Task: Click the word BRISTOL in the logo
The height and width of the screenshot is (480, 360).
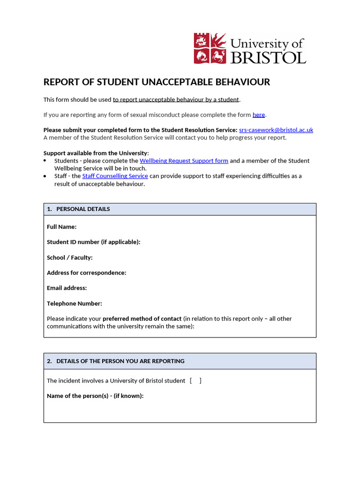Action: pos(268,57)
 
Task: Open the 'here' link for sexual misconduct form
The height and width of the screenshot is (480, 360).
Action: pos(259,115)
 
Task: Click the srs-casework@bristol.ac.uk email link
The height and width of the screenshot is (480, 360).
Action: pos(276,130)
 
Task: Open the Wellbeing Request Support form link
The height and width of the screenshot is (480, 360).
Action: pos(184,161)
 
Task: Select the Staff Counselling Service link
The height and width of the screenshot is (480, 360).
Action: pos(115,176)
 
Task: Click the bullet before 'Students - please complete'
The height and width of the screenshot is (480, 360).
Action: pos(45,161)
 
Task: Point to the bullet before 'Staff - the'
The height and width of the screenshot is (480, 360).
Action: pos(45,176)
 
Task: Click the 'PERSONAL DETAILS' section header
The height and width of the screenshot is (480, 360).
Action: pos(83,209)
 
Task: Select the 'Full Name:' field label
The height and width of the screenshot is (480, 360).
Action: pos(61,227)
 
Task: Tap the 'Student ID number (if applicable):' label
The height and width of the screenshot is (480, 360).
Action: pos(93,242)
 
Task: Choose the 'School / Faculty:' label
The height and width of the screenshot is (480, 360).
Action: pos(69,258)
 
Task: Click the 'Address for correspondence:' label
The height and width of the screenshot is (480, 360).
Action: pos(86,273)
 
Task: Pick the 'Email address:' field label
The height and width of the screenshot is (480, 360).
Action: pos(67,288)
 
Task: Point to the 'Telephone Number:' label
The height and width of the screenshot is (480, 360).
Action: pos(74,304)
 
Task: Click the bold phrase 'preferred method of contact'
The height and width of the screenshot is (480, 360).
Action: pos(142,319)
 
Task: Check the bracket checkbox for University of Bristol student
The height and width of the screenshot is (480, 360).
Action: pos(196,381)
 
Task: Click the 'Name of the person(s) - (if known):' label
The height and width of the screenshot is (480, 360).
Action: pos(95,396)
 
